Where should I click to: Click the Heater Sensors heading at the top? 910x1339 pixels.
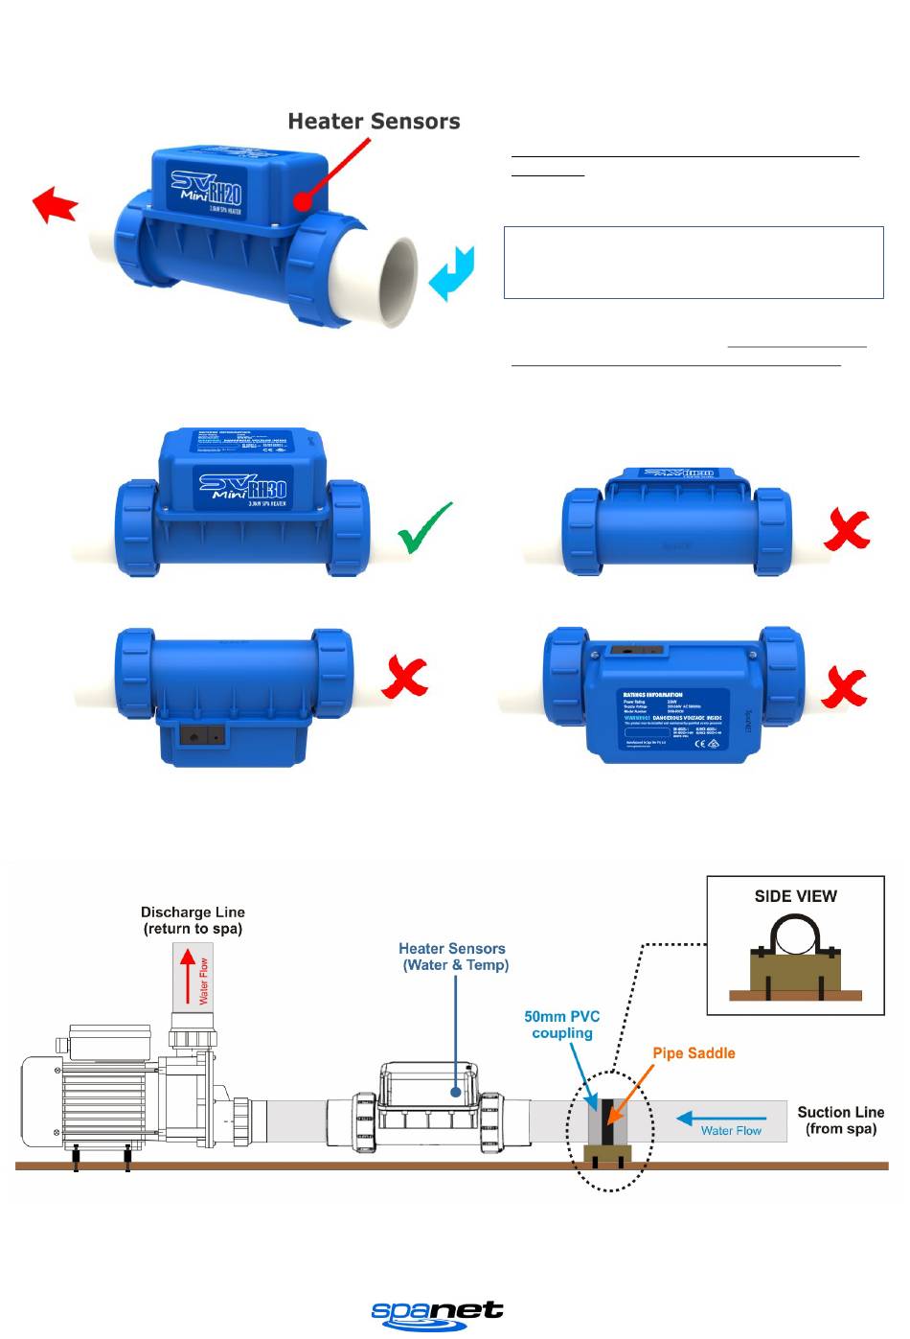point(374,122)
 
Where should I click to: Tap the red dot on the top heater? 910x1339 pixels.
point(302,201)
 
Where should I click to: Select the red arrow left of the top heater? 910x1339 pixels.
point(56,205)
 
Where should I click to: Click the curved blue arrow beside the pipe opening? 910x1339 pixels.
point(451,272)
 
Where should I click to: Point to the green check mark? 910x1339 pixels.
point(425,528)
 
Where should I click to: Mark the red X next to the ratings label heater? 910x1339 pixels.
point(844,688)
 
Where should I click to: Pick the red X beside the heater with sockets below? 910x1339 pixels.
point(404,679)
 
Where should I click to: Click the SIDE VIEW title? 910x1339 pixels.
point(795,896)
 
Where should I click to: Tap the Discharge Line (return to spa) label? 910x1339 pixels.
point(193,920)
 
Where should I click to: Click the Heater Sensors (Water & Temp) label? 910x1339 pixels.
point(452,957)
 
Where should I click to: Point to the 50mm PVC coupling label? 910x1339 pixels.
point(562,1025)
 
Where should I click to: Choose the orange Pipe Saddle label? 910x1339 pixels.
point(694,1053)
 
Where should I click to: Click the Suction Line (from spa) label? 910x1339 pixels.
point(840,1120)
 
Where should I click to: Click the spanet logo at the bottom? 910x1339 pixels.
point(437,1313)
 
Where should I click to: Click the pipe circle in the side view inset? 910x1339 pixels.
point(795,935)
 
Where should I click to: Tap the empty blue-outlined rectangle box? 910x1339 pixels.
point(694,263)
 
